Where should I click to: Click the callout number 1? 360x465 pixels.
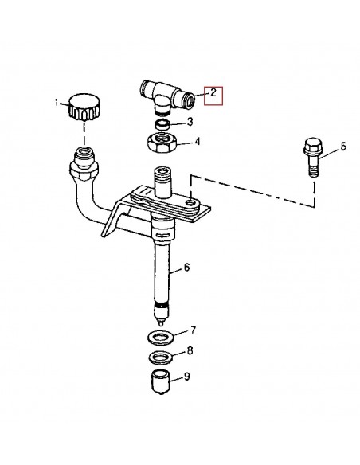57,102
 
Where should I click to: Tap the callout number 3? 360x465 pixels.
189,122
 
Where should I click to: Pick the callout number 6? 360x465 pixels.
188,268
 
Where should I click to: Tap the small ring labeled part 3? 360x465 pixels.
162,126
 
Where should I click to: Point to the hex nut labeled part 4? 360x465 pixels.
162,144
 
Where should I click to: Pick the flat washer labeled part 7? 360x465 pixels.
162,331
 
